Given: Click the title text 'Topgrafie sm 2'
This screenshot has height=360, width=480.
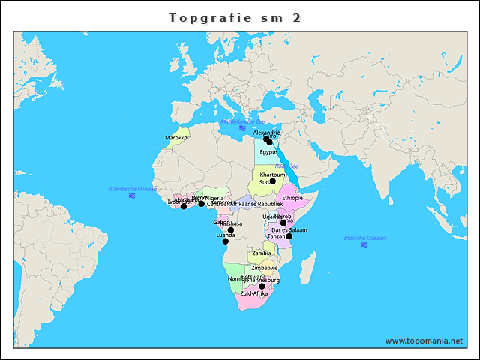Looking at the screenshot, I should [x=235, y=17].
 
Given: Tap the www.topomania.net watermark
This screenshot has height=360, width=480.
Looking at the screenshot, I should [x=424, y=340].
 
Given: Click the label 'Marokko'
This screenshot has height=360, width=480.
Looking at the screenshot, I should [x=176, y=138].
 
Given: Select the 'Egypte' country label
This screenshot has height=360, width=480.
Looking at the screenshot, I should [x=268, y=152].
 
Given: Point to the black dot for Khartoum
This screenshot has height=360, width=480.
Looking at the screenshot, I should [x=273, y=181].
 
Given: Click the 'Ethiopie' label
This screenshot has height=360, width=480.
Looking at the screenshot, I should [x=292, y=198].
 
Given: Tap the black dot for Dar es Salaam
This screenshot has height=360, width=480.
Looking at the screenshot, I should [x=289, y=236].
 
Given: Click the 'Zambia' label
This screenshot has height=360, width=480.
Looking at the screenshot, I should [x=262, y=253].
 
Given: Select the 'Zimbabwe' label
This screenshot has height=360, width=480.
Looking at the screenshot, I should [x=265, y=268].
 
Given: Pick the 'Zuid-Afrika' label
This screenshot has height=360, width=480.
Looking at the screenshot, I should [x=254, y=293].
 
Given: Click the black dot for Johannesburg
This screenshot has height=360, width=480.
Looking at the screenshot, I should [x=262, y=286].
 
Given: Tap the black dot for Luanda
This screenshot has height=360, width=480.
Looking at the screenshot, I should [x=225, y=241].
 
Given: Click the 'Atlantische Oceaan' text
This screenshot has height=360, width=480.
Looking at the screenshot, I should [x=133, y=189].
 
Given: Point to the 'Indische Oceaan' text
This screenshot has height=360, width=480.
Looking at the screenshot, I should [x=364, y=238].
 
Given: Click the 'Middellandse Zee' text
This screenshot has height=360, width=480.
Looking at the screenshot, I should [x=242, y=121].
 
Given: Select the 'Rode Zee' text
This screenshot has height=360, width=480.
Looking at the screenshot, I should [x=286, y=166].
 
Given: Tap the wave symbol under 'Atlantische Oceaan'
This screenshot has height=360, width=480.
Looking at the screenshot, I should [x=132, y=196].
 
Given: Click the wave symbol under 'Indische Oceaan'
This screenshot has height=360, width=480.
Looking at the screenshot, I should [x=364, y=244].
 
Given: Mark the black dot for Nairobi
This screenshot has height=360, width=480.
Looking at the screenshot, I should [x=283, y=222].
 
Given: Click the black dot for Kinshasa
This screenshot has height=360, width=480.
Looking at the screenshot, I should [x=231, y=229].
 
